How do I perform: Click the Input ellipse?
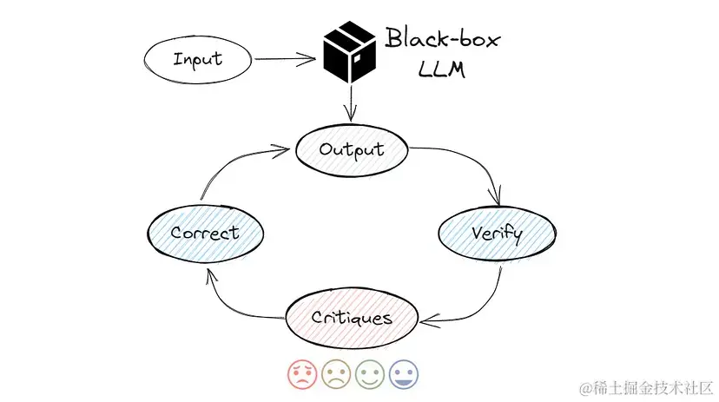[x=198, y=59]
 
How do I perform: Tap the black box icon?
[x=350, y=52]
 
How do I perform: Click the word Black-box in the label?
[x=443, y=39]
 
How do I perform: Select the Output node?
[x=352, y=149]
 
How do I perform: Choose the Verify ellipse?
[x=496, y=234]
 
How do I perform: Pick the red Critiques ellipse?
[x=352, y=317]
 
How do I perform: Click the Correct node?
[x=205, y=233]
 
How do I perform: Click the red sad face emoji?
[x=301, y=374]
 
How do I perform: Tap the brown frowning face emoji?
[x=335, y=374]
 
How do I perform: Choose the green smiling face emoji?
[x=369, y=374]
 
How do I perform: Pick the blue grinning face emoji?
[x=403, y=374]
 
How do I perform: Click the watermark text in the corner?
[x=646, y=386]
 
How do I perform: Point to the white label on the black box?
[x=357, y=58]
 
